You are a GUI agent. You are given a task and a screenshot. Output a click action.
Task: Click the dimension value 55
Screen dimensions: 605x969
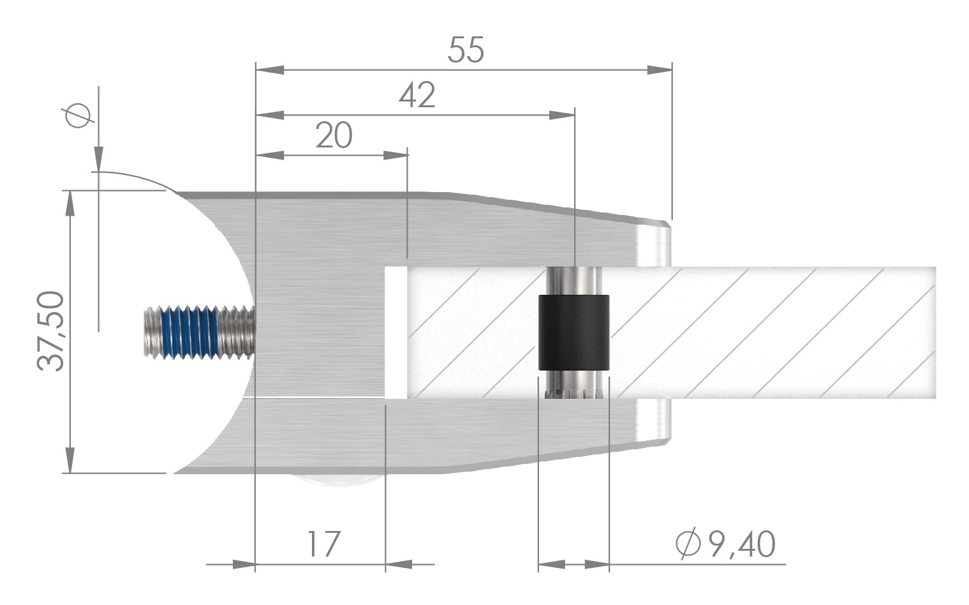click(x=466, y=50)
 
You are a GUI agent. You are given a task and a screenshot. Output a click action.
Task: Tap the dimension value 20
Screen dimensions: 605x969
click(x=334, y=136)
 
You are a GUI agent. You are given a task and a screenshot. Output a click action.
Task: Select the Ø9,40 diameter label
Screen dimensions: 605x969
click(x=726, y=544)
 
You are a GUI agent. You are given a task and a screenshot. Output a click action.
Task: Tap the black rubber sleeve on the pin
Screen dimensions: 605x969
click(x=573, y=332)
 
